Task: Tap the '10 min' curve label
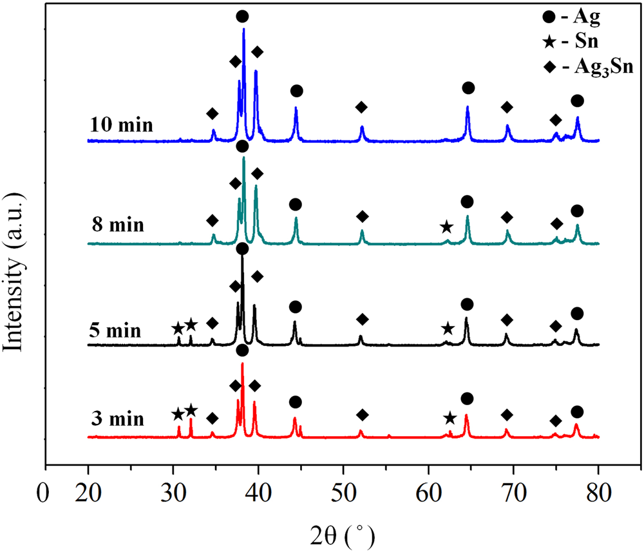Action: tap(122, 124)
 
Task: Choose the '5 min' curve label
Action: tap(114, 331)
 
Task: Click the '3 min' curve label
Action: tap(117, 421)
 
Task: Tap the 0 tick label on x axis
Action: tap(44, 496)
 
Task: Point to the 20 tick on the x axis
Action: tap(88, 496)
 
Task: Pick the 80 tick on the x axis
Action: tap(598, 496)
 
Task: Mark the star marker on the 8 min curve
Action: tap(446, 227)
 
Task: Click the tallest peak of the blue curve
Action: tap(243, 30)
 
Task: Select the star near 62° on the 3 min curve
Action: tap(450, 419)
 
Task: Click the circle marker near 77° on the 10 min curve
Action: tap(577, 100)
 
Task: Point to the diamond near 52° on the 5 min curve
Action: tap(362, 319)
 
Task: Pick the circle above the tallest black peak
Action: tap(242, 249)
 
